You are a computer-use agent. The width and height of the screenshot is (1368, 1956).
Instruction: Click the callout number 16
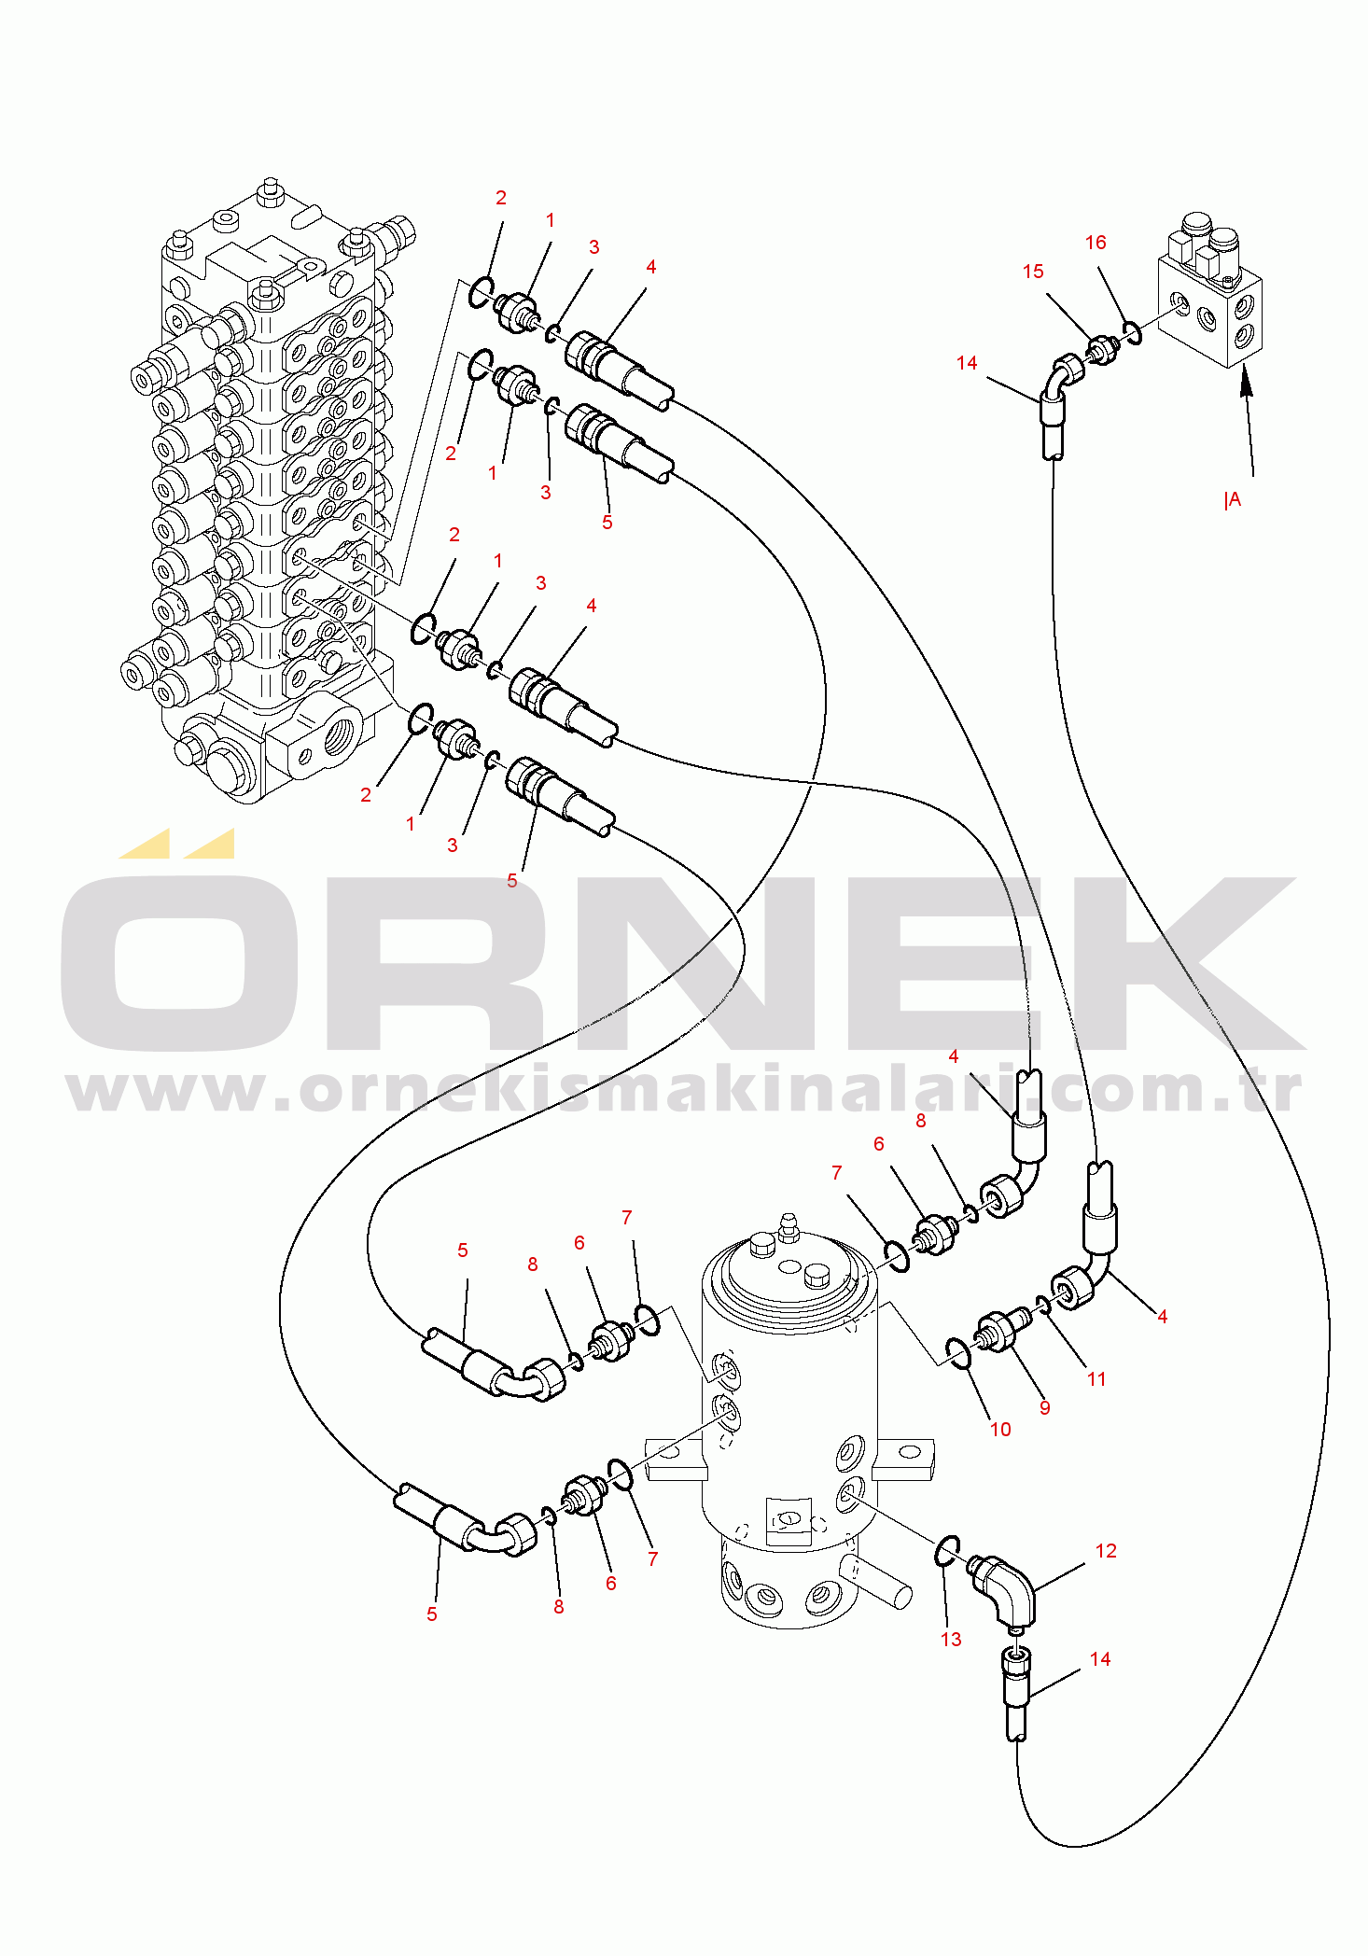[x=1096, y=243]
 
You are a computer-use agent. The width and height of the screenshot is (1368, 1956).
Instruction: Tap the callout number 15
[x=1033, y=272]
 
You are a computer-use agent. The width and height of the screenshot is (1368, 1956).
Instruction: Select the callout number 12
[x=1106, y=1551]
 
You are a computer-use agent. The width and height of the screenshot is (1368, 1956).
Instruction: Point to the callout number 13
[x=951, y=1640]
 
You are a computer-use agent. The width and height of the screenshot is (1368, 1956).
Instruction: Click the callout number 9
[x=1045, y=1407]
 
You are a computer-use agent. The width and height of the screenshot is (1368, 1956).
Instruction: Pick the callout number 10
[x=1000, y=1430]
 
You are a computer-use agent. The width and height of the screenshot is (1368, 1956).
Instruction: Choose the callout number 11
[x=1096, y=1379]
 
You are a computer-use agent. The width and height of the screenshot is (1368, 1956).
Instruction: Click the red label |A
[x=1233, y=500]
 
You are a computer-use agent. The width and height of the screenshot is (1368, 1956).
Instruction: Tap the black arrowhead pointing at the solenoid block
[x=1246, y=384]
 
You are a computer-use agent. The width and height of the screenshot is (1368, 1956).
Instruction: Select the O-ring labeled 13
[x=947, y=1550]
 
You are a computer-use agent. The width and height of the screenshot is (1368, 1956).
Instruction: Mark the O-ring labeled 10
[x=958, y=1354]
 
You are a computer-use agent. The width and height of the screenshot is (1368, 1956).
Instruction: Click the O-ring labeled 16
[x=1132, y=332]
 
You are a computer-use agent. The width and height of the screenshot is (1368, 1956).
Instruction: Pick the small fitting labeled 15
[x=1102, y=351]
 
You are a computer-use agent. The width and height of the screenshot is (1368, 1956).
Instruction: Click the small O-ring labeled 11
[x=1043, y=1305]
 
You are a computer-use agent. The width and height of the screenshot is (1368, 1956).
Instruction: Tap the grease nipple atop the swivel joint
[x=789, y=1227]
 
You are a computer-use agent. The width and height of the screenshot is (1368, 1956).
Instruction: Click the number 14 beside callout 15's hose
[x=967, y=363]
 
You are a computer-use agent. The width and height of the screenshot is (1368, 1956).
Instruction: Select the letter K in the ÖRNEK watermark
[x=1199, y=964]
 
